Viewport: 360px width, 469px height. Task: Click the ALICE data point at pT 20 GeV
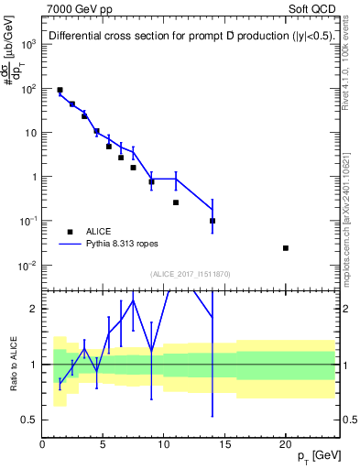coord(286,248)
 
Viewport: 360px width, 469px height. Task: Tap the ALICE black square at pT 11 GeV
coord(176,202)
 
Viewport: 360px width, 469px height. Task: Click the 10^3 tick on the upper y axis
coord(27,44)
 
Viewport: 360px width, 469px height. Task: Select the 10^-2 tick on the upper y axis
coord(27,266)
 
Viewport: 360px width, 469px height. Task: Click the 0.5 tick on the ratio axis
coord(28,420)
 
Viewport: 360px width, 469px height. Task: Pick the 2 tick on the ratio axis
coord(34,309)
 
